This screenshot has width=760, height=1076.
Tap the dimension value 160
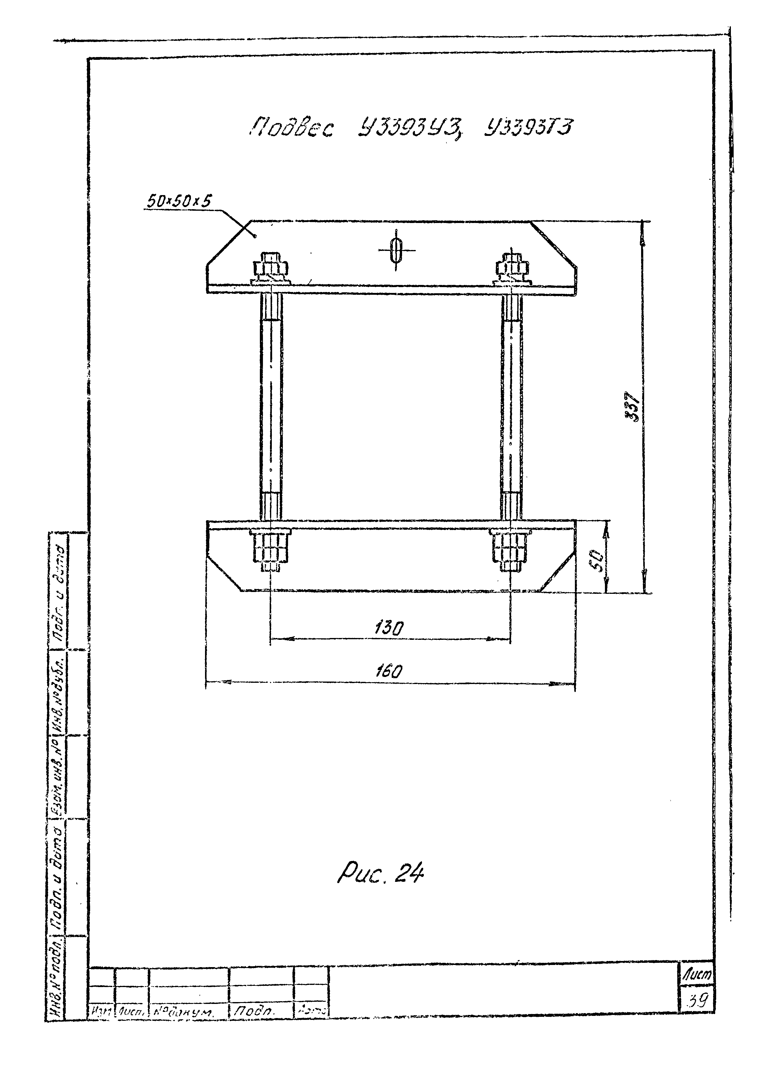(x=389, y=671)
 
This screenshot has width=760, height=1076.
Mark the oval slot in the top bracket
(x=397, y=249)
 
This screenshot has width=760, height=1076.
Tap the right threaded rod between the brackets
(x=511, y=405)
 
